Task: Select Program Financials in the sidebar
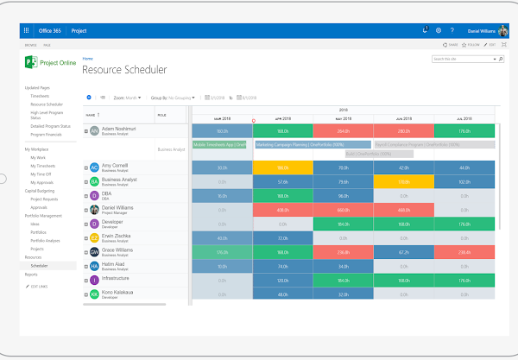[x=48, y=136]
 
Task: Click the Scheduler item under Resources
[x=40, y=265]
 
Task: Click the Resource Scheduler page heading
[x=124, y=69]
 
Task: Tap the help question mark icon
[x=451, y=29]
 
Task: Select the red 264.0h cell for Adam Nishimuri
[x=344, y=130]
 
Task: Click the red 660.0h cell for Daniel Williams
[x=344, y=210]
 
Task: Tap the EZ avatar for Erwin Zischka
[x=94, y=238]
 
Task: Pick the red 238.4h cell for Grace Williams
[x=464, y=252]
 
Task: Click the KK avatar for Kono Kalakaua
[x=94, y=294]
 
